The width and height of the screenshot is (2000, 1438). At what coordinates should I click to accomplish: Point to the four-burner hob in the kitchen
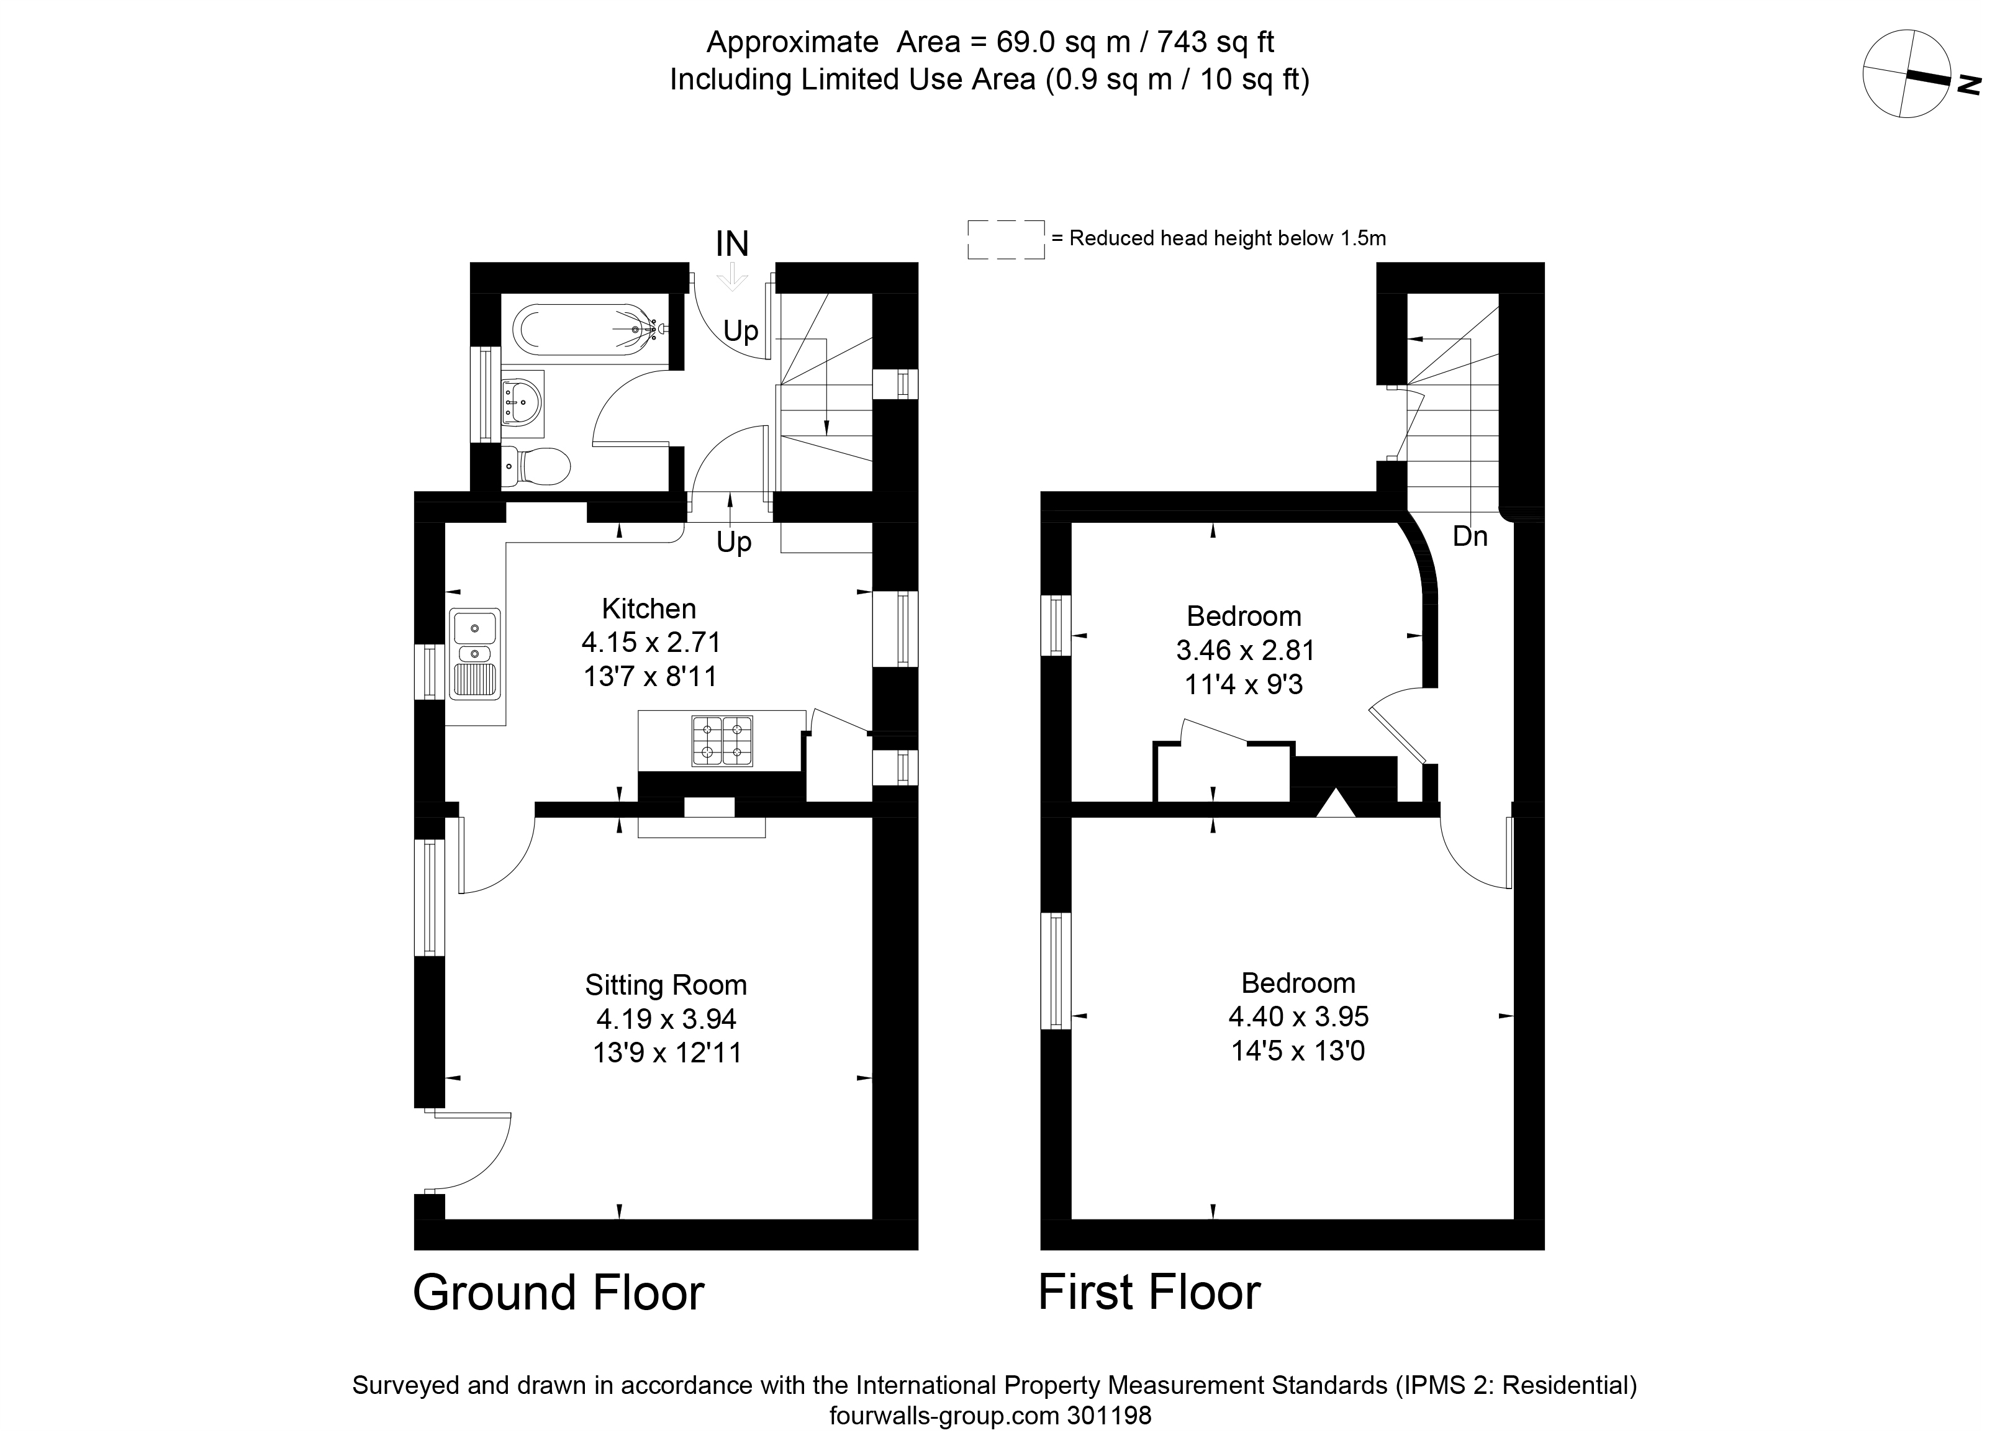[722, 741]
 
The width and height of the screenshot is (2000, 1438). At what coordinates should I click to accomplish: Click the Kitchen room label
[649, 608]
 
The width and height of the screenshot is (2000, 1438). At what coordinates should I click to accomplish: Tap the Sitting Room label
[666, 985]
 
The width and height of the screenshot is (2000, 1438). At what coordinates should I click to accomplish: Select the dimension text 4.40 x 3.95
[1298, 1016]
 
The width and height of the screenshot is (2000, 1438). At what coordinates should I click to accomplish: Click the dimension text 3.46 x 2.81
[1245, 651]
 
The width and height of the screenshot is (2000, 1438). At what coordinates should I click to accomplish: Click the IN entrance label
[732, 244]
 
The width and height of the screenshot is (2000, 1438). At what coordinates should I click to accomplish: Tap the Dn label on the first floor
[1470, 536]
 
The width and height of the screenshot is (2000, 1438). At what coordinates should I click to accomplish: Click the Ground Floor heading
[558, 1293]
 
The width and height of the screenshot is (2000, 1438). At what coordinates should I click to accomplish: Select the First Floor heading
[1149, 1293]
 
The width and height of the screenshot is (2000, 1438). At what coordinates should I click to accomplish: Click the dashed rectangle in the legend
[1005, 240]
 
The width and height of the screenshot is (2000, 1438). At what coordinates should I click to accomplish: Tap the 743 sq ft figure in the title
[1215, 42]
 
